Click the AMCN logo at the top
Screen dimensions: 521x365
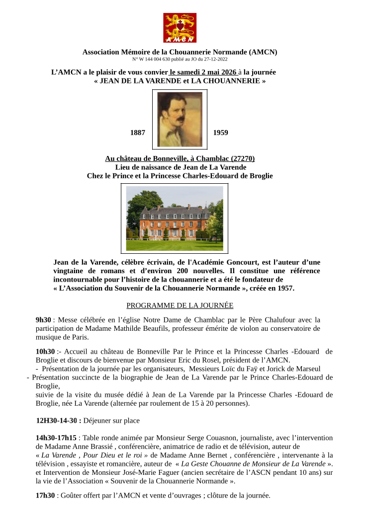click(x=180, y=28)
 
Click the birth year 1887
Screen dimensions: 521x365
click(x=138, y=133)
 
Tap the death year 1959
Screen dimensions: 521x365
click(x=220, y=133)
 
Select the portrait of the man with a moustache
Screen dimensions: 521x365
click(x=180, y=119)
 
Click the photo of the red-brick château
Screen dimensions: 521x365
click(x=175, y=218)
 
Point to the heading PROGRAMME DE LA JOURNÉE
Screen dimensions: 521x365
click(x=180, y=305)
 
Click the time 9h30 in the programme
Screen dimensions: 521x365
click(x=43, y=319)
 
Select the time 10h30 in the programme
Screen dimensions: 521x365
click(x=45, y=351)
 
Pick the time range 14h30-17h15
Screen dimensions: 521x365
click(x=56, y=438)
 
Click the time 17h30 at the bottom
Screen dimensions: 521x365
click(x=45, y=495)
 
